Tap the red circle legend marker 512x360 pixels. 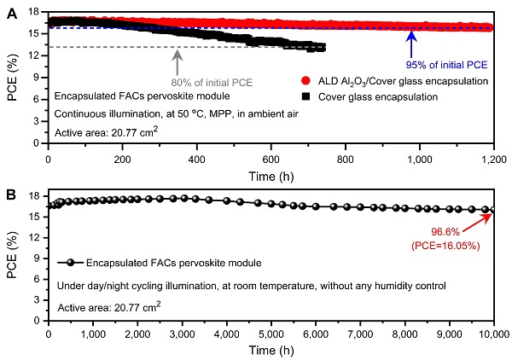[x=307, y=81]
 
